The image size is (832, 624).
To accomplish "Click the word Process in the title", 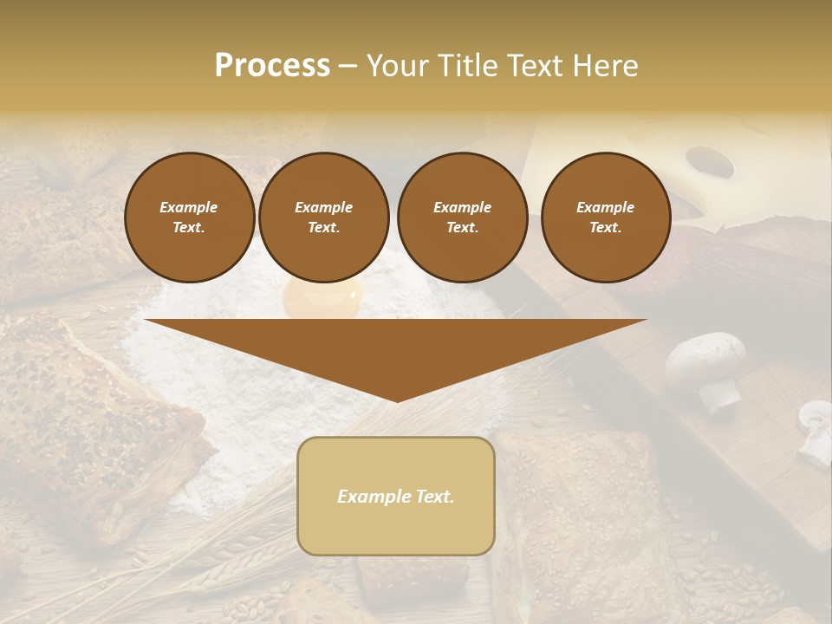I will click(272, 66).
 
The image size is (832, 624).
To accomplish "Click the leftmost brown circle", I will click(189, 218).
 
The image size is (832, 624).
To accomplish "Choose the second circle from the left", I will click(323, 218).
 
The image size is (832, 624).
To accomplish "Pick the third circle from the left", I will click(462, 218).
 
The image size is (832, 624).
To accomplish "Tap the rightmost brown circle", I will click(605, 218).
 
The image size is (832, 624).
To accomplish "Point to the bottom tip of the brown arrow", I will click(397, 401).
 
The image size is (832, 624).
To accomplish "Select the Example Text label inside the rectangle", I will click(396, 497).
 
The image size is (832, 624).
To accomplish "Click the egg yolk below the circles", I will click(322, 300).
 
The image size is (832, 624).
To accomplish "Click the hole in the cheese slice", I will click(709, 159).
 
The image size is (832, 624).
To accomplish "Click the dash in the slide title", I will click(348, 67).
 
